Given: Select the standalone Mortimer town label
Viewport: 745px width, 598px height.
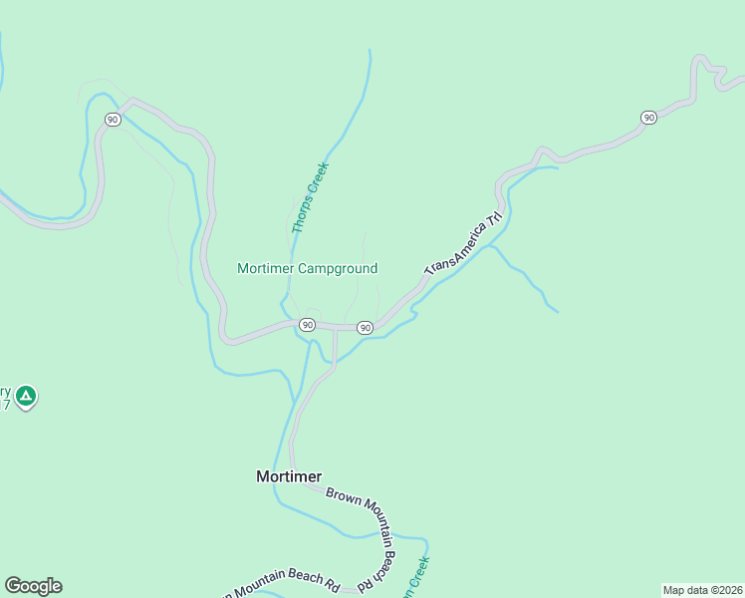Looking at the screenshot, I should coord(289,476).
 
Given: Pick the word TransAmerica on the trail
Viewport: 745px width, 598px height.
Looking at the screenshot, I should coord(454,253).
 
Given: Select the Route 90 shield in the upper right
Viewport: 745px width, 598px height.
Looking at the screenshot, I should coord(648,118).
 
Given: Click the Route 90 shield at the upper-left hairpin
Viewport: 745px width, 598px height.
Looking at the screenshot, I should coord(112,119).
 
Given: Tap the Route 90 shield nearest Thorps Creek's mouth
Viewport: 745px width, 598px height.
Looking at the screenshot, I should coord(307,325).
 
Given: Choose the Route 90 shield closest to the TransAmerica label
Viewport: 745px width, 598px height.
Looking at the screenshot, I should coord(365,328).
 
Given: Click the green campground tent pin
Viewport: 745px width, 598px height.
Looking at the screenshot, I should coord(26,398).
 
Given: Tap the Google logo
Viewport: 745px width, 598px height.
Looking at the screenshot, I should coord(33,586).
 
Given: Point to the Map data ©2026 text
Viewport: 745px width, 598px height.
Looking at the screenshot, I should coord(702,590).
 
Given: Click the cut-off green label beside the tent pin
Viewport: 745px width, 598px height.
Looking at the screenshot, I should coord(5,398).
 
